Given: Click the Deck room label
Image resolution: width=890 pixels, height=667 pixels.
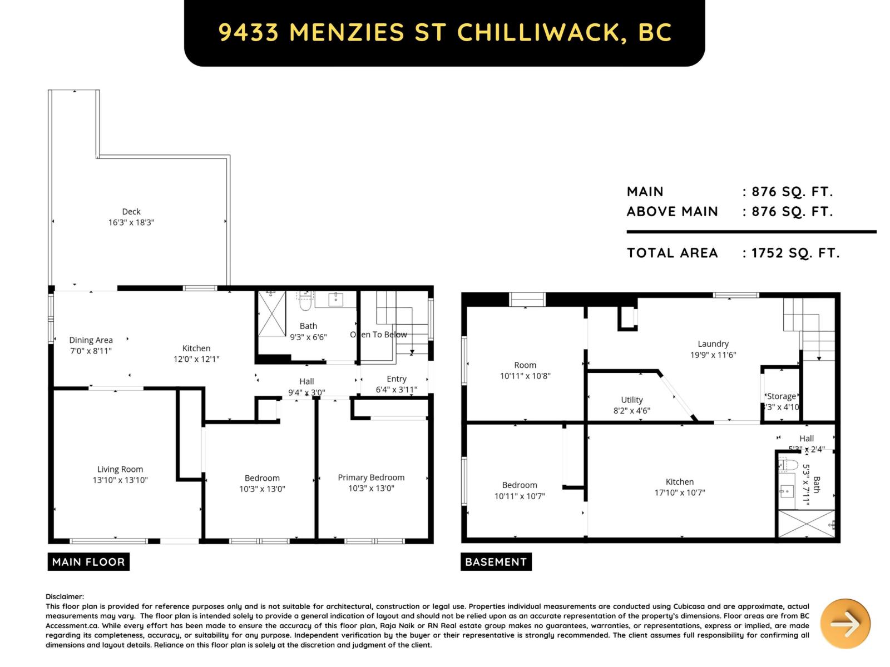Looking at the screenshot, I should (131, 211).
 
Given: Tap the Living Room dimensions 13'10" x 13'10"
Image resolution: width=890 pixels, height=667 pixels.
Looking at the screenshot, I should (120, 480).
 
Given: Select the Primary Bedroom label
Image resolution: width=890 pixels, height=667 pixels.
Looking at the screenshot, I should (371, 477).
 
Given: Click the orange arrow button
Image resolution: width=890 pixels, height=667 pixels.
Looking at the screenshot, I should (845, 624).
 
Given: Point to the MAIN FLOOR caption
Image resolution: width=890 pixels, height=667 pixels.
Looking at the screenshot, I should (88, 562).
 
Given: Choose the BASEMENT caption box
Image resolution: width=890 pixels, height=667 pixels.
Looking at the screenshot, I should (496, 562).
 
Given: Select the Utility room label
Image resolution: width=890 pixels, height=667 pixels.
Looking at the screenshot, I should (631, 400).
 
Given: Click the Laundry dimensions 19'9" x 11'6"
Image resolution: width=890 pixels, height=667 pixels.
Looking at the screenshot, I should (713, 355).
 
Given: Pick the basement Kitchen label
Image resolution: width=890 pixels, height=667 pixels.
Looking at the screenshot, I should (679, 482).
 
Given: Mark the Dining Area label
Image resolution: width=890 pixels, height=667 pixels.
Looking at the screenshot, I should (91, 340).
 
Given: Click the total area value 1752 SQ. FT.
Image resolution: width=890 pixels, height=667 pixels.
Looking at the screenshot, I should (795, 253).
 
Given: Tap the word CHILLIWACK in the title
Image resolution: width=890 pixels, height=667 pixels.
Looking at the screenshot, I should (538, 33).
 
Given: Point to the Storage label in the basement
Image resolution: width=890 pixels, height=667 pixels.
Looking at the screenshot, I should (781, 396).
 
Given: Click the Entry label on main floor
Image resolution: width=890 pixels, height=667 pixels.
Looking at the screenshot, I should (397, 379).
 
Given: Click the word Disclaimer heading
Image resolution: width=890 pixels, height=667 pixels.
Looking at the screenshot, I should (65, 596).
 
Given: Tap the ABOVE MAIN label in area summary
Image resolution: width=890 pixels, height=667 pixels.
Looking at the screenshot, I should (672, 212).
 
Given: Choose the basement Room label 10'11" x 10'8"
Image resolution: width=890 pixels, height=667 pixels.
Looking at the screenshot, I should (525, 365).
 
